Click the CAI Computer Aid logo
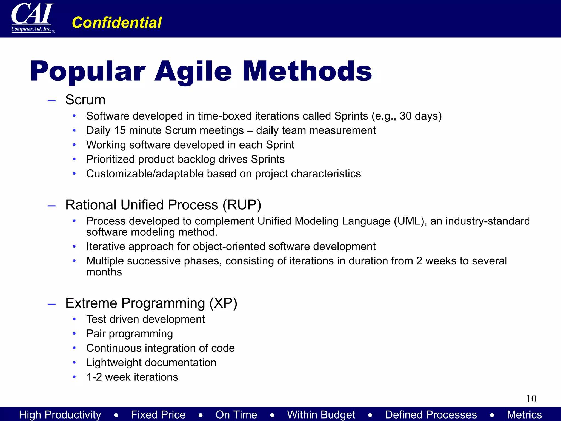pos(32,18)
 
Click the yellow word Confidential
pos(117,22)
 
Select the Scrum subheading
pos(85,100)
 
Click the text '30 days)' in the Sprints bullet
pos(420,116)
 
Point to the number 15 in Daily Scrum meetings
pos(120,130)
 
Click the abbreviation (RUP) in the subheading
pos(242,205)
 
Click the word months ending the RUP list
pos(104,272)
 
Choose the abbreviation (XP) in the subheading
pos(223,303)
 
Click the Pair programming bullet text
pos(130,334)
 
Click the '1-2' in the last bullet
pos(94,377)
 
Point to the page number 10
pos(531,399)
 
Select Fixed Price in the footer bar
pos(158,414)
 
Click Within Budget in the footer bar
pos(321,414)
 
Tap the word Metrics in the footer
pos(524,414)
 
